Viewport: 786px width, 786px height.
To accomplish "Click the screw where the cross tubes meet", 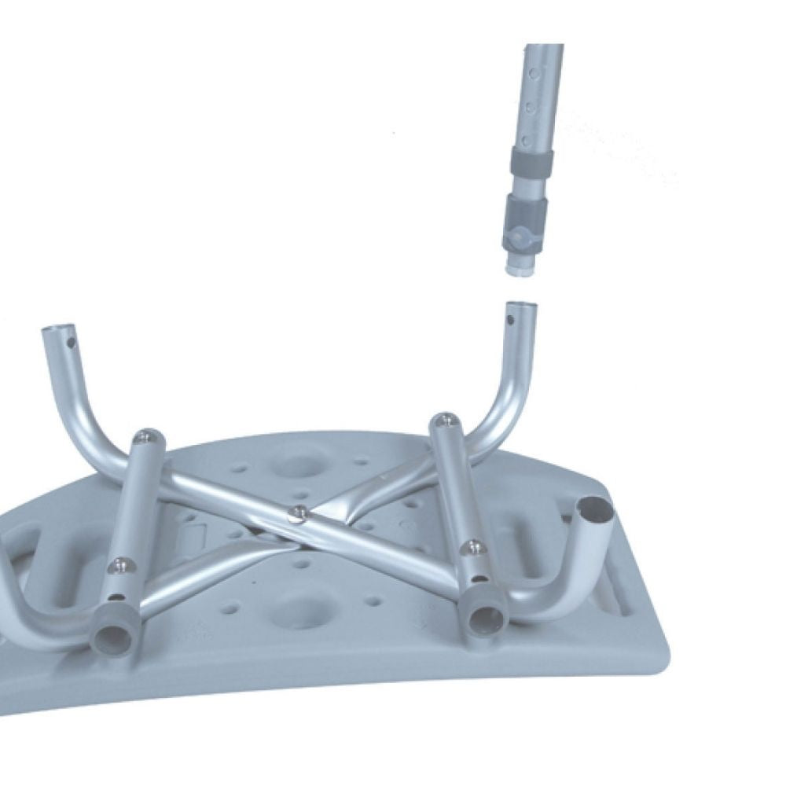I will pyautogui.click(x=296, y=513).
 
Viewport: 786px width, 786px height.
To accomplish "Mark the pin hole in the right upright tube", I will pyautogui.click(x=512, y=321).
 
